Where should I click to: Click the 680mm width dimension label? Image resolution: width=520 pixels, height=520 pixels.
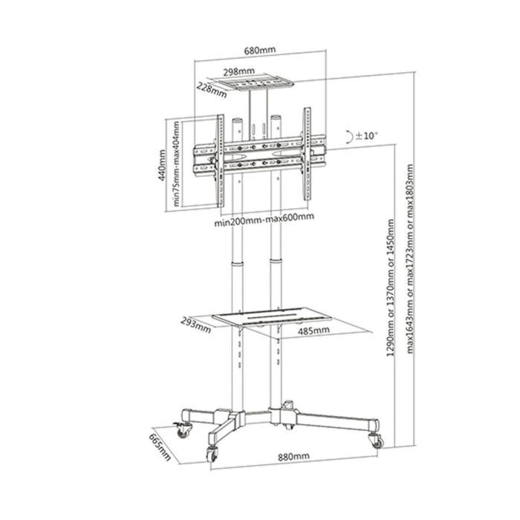tap(260, 50)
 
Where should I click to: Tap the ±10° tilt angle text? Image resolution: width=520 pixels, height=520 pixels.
tap(366, 136)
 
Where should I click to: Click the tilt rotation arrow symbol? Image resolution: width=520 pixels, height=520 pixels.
tap(348, 136)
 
